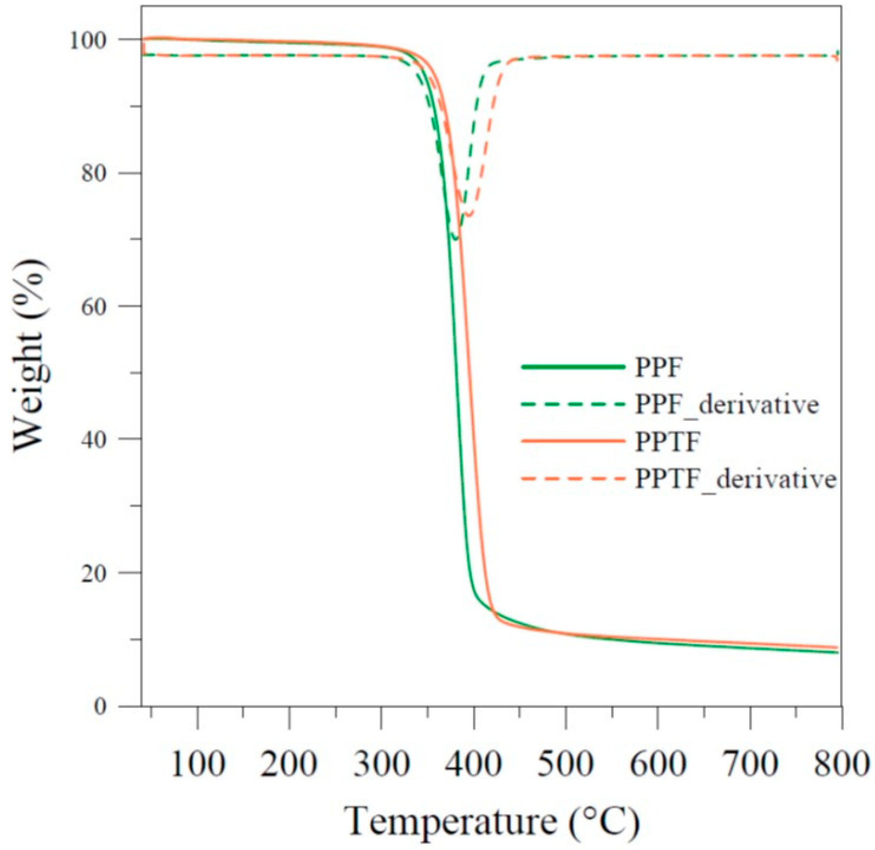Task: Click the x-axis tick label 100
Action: coord(198,764)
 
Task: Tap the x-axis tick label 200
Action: coord(289,764)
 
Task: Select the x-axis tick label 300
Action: coord(382,764)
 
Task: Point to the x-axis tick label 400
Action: coord(474,764)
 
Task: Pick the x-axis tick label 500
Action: coord(566,764)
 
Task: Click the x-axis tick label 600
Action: coord(657,764)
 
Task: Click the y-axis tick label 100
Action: coord(95,40)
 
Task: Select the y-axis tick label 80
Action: coord(101,173)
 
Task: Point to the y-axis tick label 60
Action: coord(101,306)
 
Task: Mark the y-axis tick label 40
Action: coord(101,439)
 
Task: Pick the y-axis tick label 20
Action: coord(101,573)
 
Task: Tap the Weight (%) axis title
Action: coord(29,356)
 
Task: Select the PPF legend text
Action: coord(659,368)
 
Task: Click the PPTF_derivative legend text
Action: coord(735,479)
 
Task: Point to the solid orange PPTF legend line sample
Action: coord(573,442)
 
